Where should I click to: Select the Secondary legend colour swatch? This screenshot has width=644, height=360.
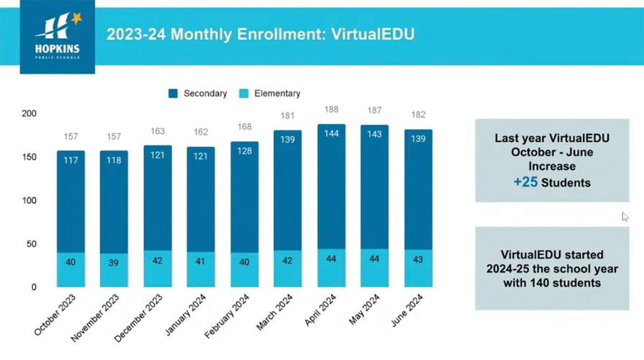pyautogui.click(x=173, y=94)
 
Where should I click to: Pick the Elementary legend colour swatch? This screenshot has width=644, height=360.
pyautogui.click(x=244, y=94)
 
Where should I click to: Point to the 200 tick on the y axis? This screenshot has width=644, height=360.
pyautogui.click(x=29, y=114)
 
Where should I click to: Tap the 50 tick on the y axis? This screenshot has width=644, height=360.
pyautogui.click(x=32, y=244)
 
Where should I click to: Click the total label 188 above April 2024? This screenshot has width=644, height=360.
pyautogui.click(x=331, y=109)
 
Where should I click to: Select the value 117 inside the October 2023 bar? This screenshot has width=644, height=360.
pyautogui.click(x=71, y=160)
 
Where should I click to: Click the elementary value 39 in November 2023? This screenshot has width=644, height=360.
pyautogui.click(x=114, y=263)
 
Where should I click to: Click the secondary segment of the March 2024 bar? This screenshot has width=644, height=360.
pyautogui.click(x=287, y=194)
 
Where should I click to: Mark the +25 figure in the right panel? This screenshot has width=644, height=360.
pyautogui.click(x=526, y=183)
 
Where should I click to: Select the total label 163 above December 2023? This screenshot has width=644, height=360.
pyautogui.click(x=158, y=131)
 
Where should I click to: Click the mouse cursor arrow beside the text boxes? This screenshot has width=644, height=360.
pyautogui.click(x=625, y=217)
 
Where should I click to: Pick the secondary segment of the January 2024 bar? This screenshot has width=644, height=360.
pyautogui.click(x=201, y=205)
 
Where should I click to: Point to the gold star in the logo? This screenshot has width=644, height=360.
pyautogui.click(x=76, y=18)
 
